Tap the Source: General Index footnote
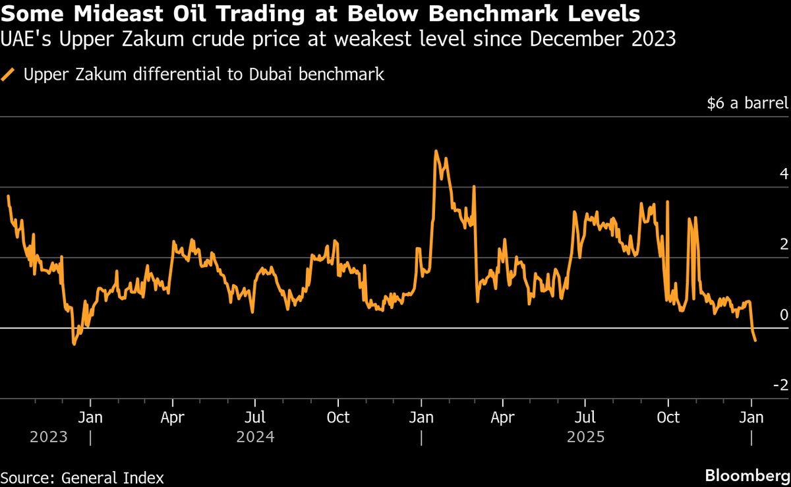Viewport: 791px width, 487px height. (82, 478)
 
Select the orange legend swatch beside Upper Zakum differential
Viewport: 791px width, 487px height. (9, 74)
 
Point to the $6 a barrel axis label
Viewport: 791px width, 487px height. (747, 103)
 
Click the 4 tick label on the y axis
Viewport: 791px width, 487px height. (783, 174)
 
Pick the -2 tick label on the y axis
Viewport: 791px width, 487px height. (780, 385)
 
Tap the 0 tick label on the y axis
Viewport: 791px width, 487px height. (783, 315)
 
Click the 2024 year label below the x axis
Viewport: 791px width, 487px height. (255, 437)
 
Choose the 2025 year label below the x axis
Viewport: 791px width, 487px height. (585, 437)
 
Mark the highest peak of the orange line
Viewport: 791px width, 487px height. (436, 151)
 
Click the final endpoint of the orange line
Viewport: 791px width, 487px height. (755, 341)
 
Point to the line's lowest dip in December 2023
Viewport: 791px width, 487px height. (74, 344)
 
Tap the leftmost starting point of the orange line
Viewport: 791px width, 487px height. (8, 196)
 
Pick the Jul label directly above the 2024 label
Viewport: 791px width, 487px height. (255, 418)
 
